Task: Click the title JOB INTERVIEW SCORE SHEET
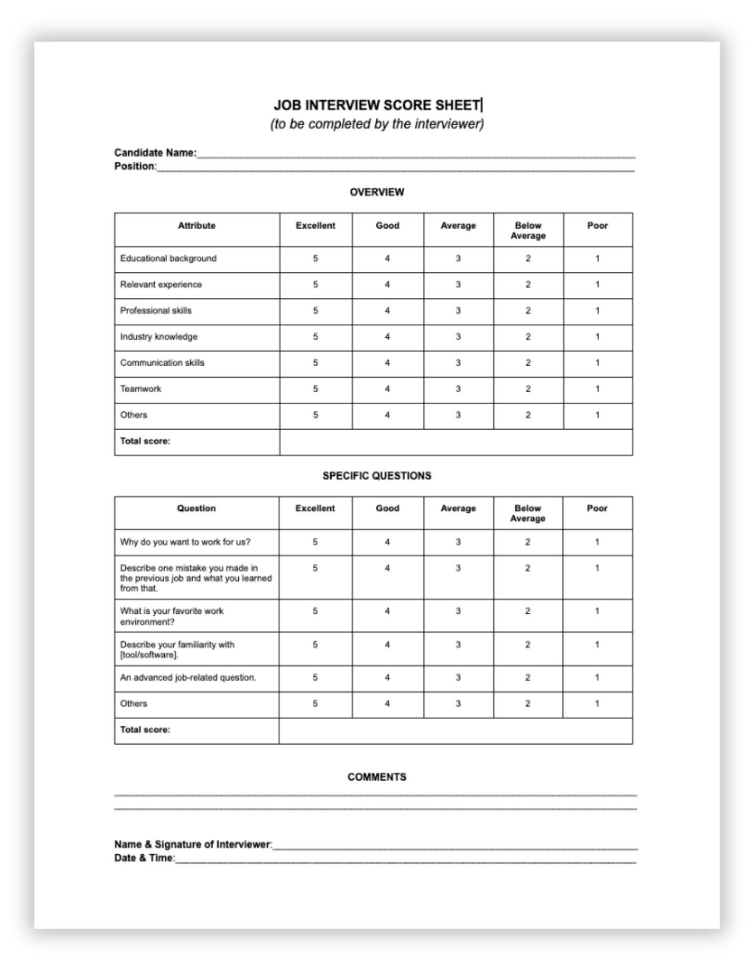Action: (x=376, y=105)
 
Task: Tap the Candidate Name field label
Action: (x=155, y=153)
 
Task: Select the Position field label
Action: (x=135, y=166)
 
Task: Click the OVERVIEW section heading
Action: (x=376, y=192)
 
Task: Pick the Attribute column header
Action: (x=196, y=225)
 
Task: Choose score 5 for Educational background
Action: (x=315, y=258)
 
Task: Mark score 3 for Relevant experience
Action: (x=458, y=285)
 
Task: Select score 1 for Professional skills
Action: (x=597, y=311)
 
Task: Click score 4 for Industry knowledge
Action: (x=387, y=337)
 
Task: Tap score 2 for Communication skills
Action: (x=528, y=363)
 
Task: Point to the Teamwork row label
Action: (x=141, y=389)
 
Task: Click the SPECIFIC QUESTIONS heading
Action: (x=376, y=476)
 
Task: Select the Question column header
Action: (x=196, y=508)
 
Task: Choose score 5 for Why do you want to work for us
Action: (x=315, y=542)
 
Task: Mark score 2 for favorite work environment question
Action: (x=527, y=611)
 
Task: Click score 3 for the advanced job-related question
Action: (x=458, y=677)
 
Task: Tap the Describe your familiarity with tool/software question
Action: (x=177, y=650)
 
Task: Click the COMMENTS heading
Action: (x=376, y=777)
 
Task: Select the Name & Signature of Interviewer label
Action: (x=193, y=844)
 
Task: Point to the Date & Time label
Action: (x=144, y=858)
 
